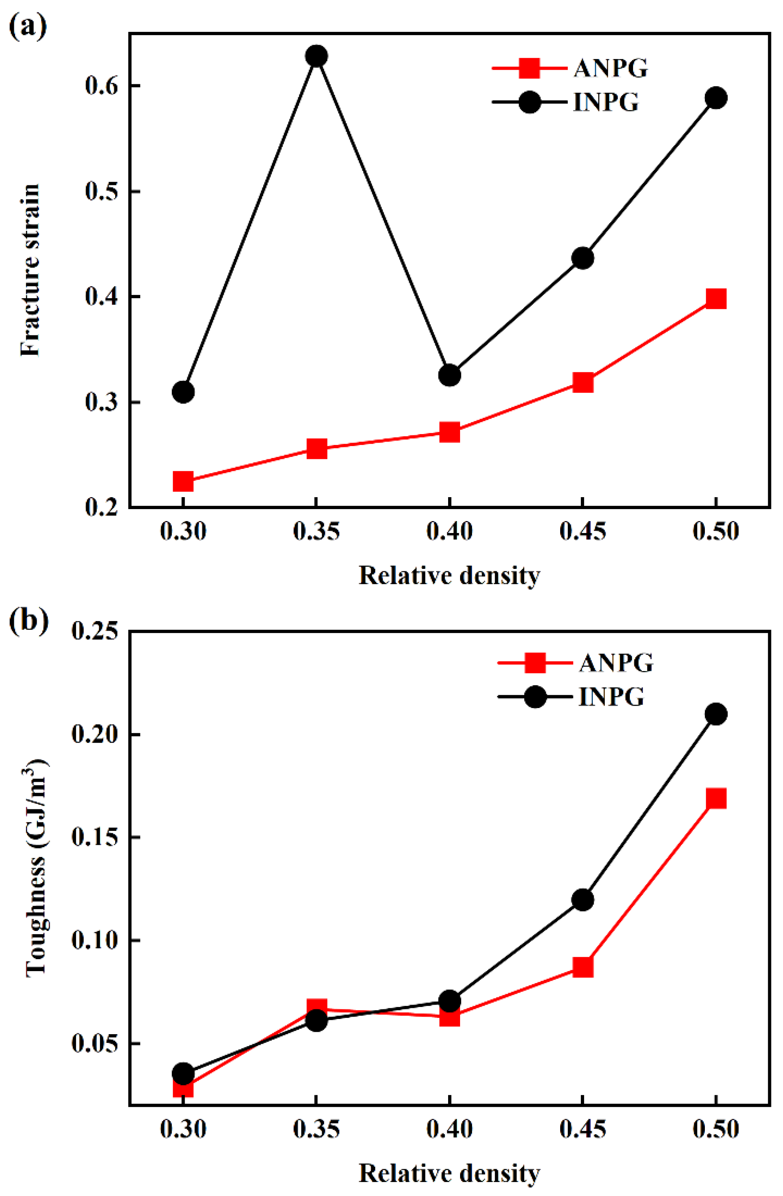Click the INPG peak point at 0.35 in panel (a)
click(316, 56)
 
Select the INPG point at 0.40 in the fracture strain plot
click(449, 375)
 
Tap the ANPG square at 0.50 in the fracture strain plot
click(716, 299)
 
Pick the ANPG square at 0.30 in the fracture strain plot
click(183, 481)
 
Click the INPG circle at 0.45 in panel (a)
click(582, 258)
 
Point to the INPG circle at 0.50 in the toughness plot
click(716, 714)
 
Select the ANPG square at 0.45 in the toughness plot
click(582, 967)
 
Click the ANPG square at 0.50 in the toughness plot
click(716, 798)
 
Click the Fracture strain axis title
click(31, 270)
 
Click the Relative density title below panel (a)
click(449, 575)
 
